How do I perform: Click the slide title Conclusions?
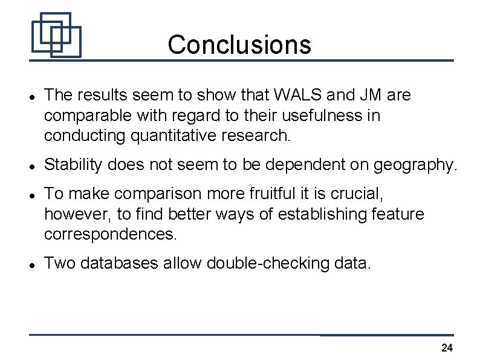[x=239, y=44]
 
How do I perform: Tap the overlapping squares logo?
[x=56, y=35]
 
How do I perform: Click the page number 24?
[x=447, y=347]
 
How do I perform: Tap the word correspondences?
[x=111, y=234]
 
